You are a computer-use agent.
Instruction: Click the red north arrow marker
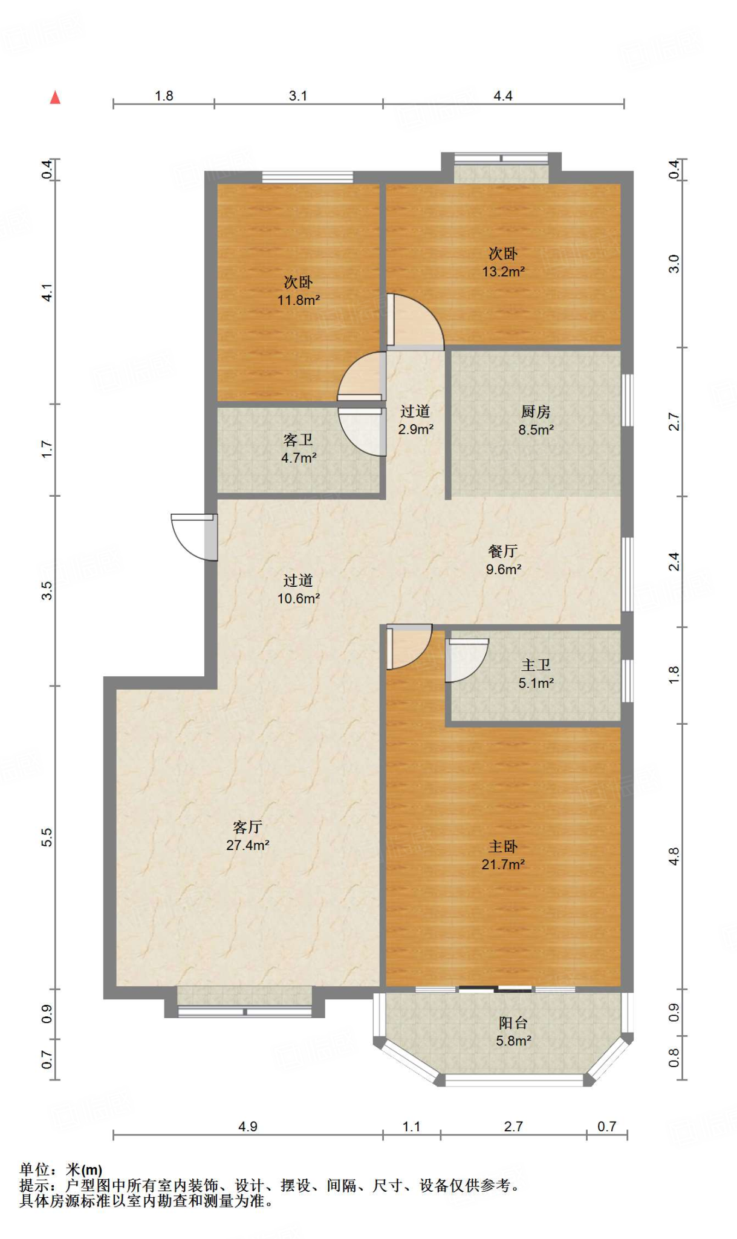[55, 97]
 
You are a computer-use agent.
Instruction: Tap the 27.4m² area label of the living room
[248, 845]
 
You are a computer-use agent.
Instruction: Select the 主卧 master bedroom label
[503, 846]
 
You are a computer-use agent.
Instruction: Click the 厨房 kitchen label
[536, 412]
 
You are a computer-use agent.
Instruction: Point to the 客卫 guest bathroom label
[298, 440]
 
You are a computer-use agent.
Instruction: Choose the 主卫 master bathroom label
[536, 665]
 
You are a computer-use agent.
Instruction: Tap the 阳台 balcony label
[513, 1023]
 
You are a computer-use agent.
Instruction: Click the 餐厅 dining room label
[503, 551]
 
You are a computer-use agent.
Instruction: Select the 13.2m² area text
[503, 272]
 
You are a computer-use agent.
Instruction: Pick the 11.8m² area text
[299, 300]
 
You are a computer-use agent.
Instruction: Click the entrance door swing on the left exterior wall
[194, 537]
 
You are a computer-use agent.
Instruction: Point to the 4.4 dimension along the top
[503, 96]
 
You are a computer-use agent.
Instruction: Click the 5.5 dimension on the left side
[47, 837]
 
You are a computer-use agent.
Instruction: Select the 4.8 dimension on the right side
[674, 857]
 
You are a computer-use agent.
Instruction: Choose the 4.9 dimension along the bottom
[248, 1126]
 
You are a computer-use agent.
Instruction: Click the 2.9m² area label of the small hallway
[416, 430]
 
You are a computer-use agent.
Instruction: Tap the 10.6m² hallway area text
[299, 598]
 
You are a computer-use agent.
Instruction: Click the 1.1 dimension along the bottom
[412, 1126]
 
